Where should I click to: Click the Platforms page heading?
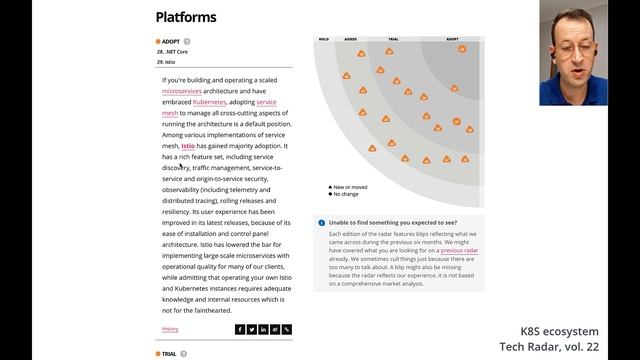pyautogui.click(x=186, y=17)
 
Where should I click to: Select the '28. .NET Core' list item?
pyautogui.click(x=173, y=51)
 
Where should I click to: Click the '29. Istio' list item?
pyautogui.click(x=166, y=62)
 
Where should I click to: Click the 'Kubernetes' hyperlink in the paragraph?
pyautogui.click(x=209, y=102)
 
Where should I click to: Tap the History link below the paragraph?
pyautogui.click(x=170, y=329)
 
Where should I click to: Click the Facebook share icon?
pyautogui.click(x=240, y=329)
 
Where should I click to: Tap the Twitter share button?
pyautogui.click(x=251, y=329)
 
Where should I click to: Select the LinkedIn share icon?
pyautogui.click(x=263, y=329)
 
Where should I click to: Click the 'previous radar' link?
pyautogui.click(x=459, y=250)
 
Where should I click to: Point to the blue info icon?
pyautogui.click(x=321, y=223)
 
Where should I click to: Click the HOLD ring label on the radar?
pyautogui.click(x=324, y=40)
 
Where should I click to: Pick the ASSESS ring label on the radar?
pyautogui.click(x=351, y=40)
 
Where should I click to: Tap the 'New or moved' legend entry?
pyautogui.click(x=349, y=187)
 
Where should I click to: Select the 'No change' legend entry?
pyautogui.click(x=346, y=194)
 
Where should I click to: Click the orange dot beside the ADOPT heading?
pyautogui.click(x=158, y=42)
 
